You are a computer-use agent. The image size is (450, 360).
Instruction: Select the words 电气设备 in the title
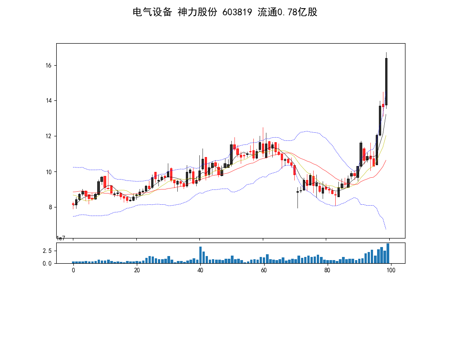(152, 12)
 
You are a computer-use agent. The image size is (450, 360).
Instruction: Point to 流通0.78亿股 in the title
(288, 12)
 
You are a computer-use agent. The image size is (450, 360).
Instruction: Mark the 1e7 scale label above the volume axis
(62, 238)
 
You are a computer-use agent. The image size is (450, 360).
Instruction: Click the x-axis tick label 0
(73, 270)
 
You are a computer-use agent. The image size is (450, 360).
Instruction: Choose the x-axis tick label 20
(137, 270)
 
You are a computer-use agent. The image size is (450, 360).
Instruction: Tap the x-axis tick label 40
(200, 270)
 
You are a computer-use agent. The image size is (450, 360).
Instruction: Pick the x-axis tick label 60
(263, 270)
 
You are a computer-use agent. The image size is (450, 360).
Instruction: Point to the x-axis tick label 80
(327, 270)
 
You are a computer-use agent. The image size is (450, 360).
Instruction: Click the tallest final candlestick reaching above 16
(386, 81)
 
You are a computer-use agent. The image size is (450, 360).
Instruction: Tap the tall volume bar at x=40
(200, 255)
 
